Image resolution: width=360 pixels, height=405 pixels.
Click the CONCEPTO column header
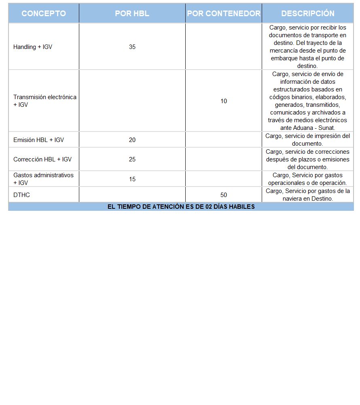point(44,13)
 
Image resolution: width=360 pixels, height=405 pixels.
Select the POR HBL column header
point(132,13)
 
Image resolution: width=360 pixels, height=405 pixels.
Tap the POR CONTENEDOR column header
point(224,13)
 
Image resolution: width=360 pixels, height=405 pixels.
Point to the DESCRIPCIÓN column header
point(308,13)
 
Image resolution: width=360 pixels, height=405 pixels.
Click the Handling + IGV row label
point(33,47)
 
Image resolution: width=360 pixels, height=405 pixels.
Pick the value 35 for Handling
point(132,47)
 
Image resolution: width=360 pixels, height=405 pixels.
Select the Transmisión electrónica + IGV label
point(44,101)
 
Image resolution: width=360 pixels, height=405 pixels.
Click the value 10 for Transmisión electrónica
point(224,101)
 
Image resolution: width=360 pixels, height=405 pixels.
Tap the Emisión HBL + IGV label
point(38,140)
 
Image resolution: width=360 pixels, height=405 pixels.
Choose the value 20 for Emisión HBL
point(132,140)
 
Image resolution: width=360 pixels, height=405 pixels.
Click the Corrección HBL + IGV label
point(42,159)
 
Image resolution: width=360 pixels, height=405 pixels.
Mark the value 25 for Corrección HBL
point(132,159)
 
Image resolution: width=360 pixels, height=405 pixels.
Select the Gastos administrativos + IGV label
point(43,179)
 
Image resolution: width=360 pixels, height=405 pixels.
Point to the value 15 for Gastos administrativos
point(132,179)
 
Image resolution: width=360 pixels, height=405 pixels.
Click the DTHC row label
point(22,195)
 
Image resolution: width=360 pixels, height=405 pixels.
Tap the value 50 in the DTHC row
point(224,195)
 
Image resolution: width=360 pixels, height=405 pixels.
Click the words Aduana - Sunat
point(313,128)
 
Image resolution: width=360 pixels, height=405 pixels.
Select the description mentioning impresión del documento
point(308,140)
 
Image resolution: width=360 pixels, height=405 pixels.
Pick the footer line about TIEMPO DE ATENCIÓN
point(181,207)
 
